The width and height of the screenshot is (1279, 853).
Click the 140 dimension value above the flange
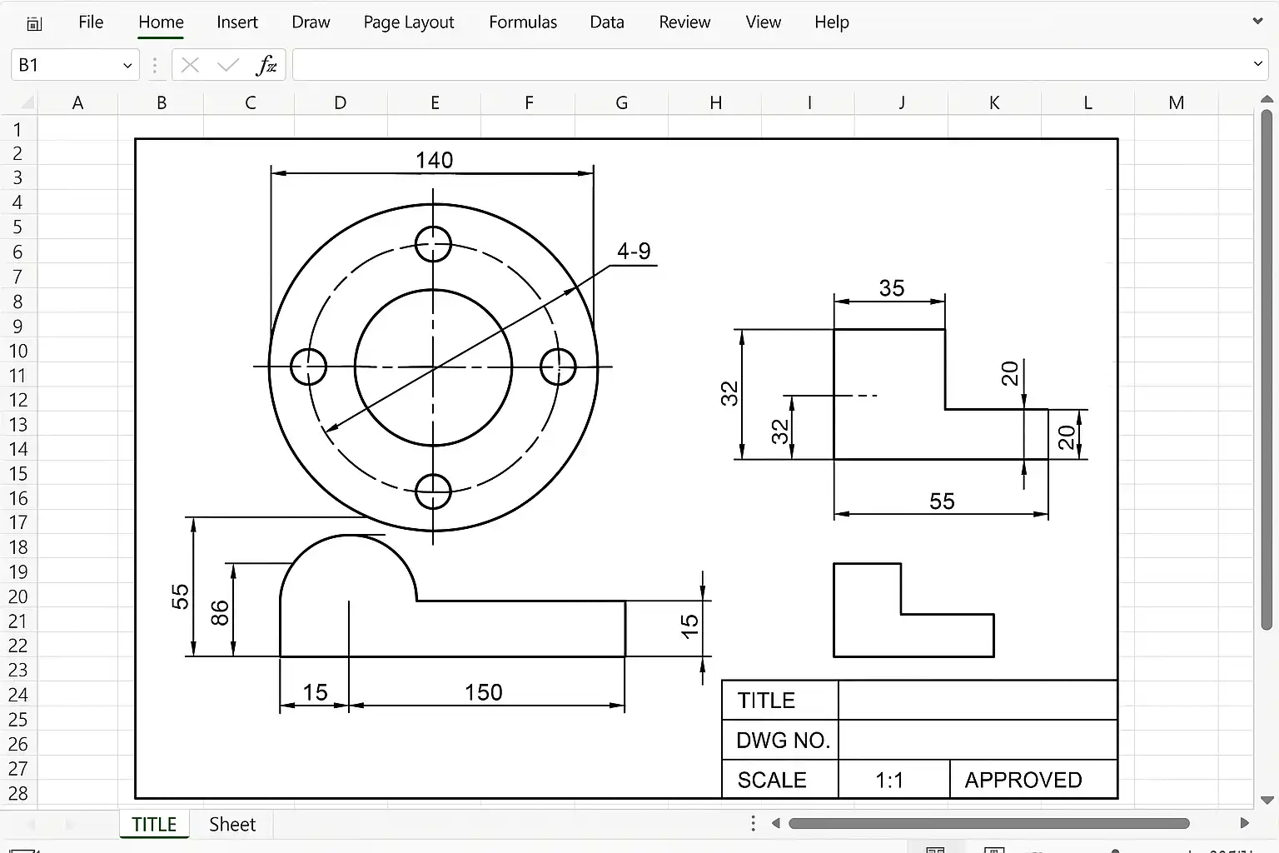[434, 160]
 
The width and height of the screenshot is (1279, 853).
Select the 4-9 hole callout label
[634, 251]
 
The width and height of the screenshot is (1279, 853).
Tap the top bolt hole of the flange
[433, 227]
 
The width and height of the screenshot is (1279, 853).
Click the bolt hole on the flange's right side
[575, 367]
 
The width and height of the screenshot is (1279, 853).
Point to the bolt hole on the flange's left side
[291, 367]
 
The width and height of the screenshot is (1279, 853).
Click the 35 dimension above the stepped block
[891, 288]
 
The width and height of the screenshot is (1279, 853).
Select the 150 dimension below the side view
[483, 692]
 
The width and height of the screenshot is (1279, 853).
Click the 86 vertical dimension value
[220, 613]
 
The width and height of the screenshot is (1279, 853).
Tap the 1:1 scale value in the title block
[889, 780]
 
